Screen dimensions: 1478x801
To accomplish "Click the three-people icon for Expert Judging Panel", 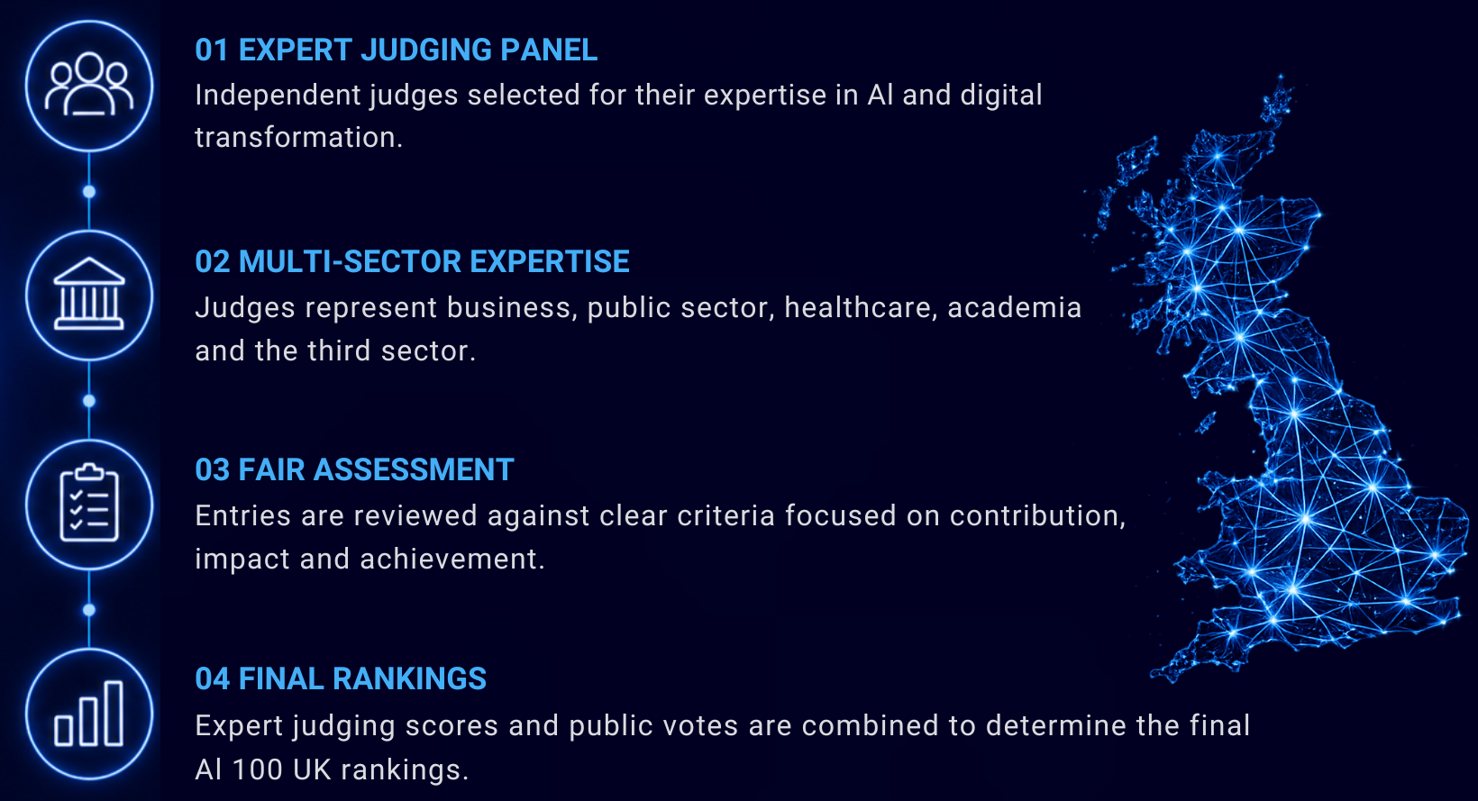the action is point(89,85).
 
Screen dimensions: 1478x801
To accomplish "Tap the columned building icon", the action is point(89,294).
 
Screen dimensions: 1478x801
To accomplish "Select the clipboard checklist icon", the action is point(89,503).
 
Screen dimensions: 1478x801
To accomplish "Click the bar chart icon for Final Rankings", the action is point(89,714).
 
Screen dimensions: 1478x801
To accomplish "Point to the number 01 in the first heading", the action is point(212,50).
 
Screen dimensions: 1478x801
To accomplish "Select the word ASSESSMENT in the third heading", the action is point(414,469).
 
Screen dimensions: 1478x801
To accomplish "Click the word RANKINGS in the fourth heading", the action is point(410,679).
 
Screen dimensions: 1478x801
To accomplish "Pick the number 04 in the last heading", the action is point(212,679).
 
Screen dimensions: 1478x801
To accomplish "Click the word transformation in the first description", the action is point(298,138).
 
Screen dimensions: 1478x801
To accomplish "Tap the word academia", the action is point(1014,308).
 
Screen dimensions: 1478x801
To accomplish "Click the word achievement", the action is point(452,560).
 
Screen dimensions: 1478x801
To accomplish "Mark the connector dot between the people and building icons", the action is point(89,192).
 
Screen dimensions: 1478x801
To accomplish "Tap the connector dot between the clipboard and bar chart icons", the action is point(89,610).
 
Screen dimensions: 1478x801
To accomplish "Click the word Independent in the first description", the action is point(278,96).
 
